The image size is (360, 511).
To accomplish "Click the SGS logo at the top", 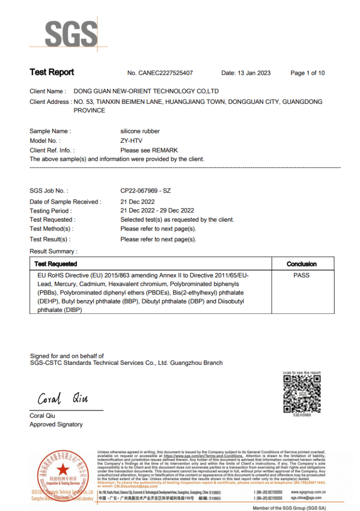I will (x=70, y=33).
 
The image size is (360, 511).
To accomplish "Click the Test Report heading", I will (x=52, y=72).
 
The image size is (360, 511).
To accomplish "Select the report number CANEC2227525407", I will (x=168, y=73).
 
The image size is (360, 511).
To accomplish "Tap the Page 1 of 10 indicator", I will (x=307, y=73).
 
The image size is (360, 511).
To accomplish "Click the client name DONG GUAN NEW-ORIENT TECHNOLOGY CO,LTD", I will (x=146, y=91).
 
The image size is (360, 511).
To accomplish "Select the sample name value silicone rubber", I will (x=140, y=131).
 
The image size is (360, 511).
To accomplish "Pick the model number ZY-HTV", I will (x=131, y=141).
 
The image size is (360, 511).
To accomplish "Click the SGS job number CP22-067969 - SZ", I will (x=146, y=191).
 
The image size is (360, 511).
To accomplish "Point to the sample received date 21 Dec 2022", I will (x=138, y=202).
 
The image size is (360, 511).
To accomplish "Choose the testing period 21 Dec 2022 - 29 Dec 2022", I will (x=157, y=211).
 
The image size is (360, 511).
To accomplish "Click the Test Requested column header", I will (x=56, y=263).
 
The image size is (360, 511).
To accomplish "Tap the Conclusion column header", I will (x=302, y=263).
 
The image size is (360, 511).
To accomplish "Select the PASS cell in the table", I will (x=302, y=275).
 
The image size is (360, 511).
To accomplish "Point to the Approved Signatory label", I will (x=56, y=425).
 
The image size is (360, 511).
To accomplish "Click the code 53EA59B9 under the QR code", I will (x=302, y=415).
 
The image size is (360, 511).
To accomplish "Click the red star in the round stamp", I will (x=63, y=470).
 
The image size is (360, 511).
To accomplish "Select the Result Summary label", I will (x=53, y=252).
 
